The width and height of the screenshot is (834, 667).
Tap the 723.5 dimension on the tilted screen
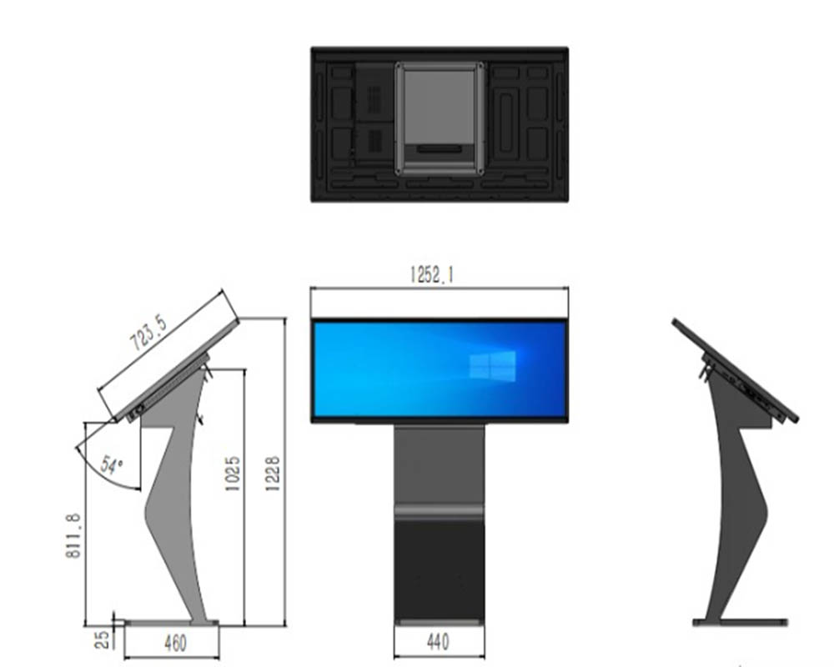click(149, 331)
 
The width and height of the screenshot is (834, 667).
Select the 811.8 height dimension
click(74, 537)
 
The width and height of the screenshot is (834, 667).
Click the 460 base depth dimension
click(175, 643)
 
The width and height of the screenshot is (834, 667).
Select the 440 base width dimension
click(437, 642)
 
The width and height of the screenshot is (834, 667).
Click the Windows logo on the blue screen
click(492, 365)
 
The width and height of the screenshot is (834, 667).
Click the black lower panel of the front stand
click(439, 567)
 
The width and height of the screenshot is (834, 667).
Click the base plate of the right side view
click(741, 622)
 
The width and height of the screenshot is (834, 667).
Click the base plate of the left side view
click(171, 622)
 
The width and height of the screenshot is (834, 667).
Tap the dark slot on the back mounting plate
click(439, 148)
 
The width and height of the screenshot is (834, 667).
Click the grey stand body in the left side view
click(171, 500)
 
